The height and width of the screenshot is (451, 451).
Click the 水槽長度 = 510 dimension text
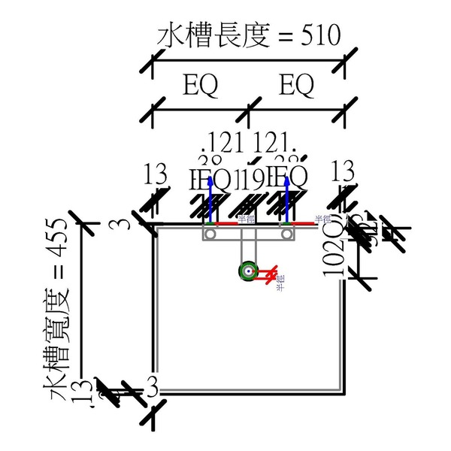pos(249,35)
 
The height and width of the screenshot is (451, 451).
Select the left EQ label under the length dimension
pos(201,86)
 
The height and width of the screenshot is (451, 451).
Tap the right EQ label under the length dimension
pos(296,86)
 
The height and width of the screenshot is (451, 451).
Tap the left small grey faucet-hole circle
pos(211,235)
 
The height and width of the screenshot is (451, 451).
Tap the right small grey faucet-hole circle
pos(286,235)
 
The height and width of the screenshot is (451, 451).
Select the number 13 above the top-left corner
pos(156,175)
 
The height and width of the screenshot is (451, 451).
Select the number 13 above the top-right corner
pos(343,170)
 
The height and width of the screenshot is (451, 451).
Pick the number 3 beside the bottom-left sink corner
pos(152,389)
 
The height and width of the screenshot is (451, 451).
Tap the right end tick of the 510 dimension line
pos(344,66)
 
